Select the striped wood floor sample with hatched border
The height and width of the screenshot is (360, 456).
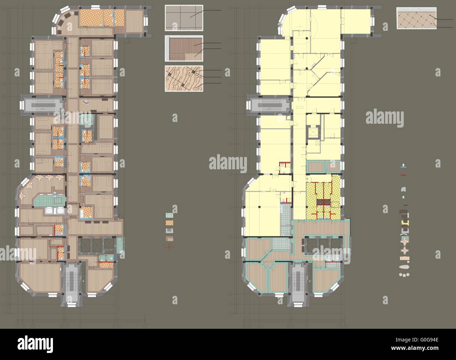point(184,49)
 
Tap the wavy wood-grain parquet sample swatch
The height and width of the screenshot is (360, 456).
point(184,79)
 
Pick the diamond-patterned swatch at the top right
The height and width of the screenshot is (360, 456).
point(416,18)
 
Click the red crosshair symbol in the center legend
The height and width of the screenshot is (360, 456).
point(169,247)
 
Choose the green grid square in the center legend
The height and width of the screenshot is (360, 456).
point(169,216)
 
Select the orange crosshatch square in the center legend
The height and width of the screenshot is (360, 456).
point(169,223)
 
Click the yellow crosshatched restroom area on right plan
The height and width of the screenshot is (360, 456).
point(323,197)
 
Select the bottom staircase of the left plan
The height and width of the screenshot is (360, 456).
point(73,284)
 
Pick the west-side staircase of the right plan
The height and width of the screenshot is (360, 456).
point(269,105)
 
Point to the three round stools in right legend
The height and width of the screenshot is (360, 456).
point(405,274)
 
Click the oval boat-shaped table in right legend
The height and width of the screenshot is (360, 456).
point(405,266)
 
